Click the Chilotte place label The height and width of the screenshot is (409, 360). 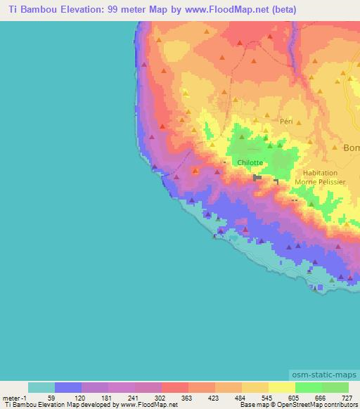(250, 162)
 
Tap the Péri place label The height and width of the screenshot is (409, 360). (286, 121)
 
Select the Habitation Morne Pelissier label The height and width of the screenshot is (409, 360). (320, 177)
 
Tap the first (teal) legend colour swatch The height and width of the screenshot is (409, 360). (41, 387)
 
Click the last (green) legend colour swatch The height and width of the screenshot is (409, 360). (335, 387)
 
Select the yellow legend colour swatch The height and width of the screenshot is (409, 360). (282, 387)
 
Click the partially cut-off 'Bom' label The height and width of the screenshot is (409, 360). (351, 148)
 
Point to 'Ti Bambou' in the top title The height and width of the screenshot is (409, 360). (30, 10)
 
